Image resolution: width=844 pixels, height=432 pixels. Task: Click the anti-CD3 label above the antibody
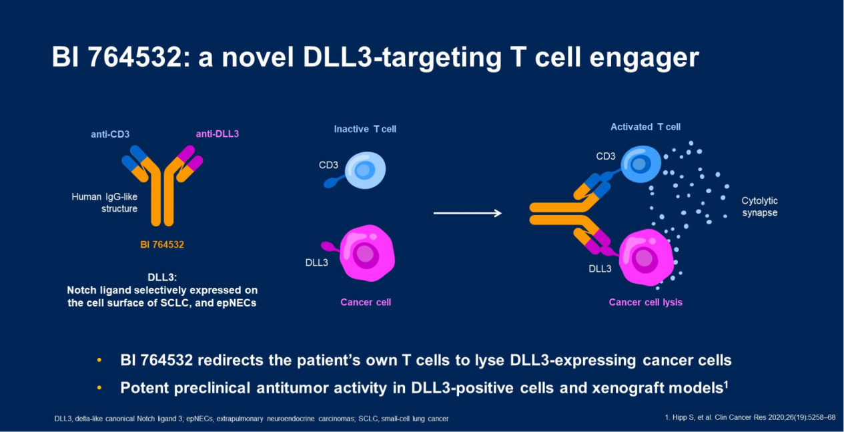pyautogui.click(x=110, y=134)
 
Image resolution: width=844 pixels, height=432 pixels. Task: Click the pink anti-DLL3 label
pyautogui.click(x=217, y=134)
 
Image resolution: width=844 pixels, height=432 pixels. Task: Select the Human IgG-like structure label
pyautogui.click(x=105, y=203)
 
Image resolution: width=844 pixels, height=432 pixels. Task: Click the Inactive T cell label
pyautogui.click(x=365, y=129)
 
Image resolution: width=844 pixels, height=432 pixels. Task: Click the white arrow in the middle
pyautogui.click(x=467, y=213)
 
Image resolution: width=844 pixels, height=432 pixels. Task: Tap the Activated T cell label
pyautogui.click(x=645, y=127)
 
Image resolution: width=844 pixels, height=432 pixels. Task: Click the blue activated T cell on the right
pyautogui.click(x=642, y=164)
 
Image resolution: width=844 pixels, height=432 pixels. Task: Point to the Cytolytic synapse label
pyautogui.click(x=759, y=207)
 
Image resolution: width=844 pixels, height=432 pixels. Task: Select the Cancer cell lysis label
pyautogui.click(x=645, y=302)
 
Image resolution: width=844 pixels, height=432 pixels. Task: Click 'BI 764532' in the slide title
pyautogui.click(x=114, y=58)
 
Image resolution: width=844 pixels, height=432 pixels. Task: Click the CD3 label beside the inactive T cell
pyautogui.click(x=328, y=164)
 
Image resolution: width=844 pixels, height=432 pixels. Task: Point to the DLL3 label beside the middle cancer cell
pyautogui.click(x=317, y=262)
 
